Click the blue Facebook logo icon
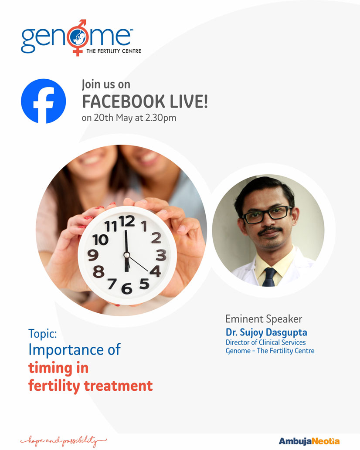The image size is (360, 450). point(43,101)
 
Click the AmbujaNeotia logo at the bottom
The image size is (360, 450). point(309,441)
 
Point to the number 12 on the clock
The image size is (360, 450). point(126,222)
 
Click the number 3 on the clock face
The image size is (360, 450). point(161,255)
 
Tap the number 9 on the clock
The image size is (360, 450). point(93,255)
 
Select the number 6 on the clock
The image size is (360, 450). point(126,288)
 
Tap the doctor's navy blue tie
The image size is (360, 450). point(269,277)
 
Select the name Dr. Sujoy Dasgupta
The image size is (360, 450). point(266,332)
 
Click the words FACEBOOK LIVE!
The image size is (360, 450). point(145,102)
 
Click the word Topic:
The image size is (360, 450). point(42,334)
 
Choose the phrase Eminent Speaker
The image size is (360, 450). point(264,319)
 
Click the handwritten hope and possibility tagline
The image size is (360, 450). point(64,440)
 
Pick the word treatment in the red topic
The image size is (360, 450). point(118,386)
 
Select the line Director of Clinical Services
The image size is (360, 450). point(265,342)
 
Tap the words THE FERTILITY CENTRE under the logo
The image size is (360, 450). point(114,51)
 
